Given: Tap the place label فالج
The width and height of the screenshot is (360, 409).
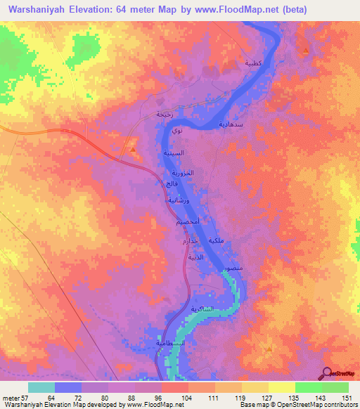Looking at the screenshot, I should click(170, 183).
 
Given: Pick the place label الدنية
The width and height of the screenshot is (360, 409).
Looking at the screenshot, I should click(195, 257).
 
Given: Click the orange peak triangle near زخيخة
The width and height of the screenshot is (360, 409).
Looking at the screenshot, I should click(131, 150).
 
